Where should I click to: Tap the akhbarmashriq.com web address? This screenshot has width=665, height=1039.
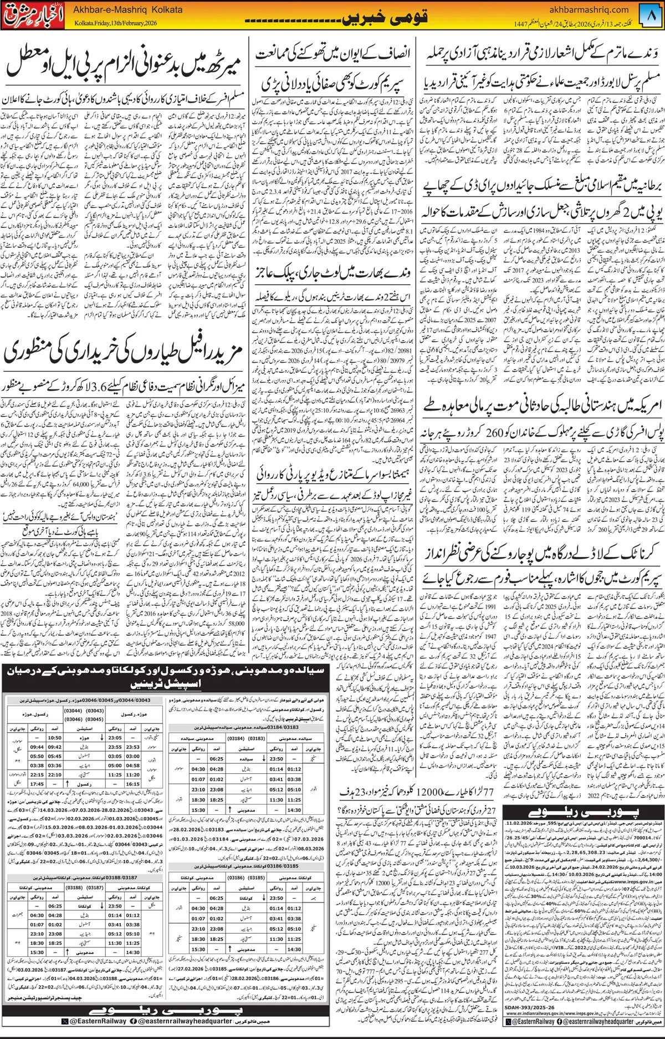(x=589, y=9)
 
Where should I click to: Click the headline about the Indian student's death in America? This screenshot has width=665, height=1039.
(x=542, y=406)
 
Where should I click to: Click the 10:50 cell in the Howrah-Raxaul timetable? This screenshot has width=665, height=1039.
(x=54, y=738)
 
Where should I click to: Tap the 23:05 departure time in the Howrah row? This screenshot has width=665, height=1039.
(x=115, y=738)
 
